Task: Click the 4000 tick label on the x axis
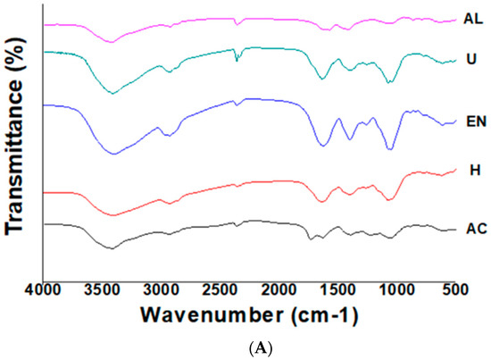(x=45, y=289)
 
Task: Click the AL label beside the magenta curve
(x=472, y=18)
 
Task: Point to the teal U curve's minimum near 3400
(x=111, y=92)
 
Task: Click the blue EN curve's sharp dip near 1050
(x=389, y=148)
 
